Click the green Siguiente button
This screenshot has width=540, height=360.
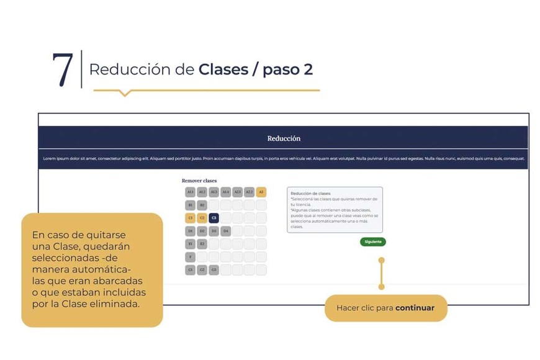pos(372,241)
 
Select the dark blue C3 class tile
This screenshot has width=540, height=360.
pos(214,218)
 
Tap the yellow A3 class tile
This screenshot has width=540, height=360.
pos(261,192)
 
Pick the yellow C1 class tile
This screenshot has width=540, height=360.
pos(190,218)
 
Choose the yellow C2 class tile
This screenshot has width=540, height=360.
pos(202,218)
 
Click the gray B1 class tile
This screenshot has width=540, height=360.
pos(190,205)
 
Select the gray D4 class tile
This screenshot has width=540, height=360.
pos(225,231)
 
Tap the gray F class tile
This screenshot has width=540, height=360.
pos(190,257)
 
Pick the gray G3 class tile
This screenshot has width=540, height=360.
pos(214,270)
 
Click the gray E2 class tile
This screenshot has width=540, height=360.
pos(202,244)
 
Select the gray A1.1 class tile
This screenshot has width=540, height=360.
pos(190,192)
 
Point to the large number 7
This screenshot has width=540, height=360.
pos(63,70)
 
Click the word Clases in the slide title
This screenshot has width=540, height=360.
pos(223,70)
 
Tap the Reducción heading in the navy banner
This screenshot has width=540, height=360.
pos(284,138)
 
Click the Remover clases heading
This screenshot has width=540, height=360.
pos(199,181)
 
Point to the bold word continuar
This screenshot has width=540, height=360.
pos(415,308)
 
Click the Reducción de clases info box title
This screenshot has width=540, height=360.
pos(310,194)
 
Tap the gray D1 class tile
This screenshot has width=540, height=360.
pos(190,231)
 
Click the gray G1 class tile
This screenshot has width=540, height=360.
pos(190,270)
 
